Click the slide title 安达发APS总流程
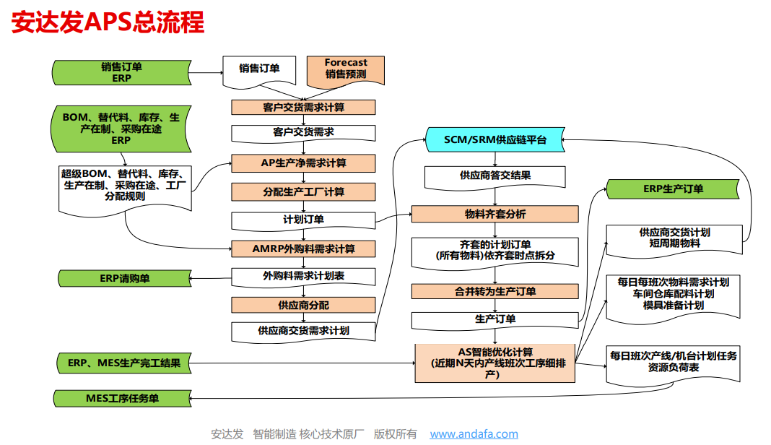108,22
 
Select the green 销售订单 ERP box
121,72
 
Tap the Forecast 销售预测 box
346,69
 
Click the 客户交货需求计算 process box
303,107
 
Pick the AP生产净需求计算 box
303,163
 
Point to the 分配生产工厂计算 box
303,191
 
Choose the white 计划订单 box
303,220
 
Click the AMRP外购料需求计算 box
303,249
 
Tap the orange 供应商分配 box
303,305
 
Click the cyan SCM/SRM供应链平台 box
495,139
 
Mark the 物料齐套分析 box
495,214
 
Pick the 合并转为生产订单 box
495,291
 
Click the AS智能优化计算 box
495,363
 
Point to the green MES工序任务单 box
123,398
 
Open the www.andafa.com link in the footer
474,434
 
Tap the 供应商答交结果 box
495,175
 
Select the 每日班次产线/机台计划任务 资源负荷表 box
673,361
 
